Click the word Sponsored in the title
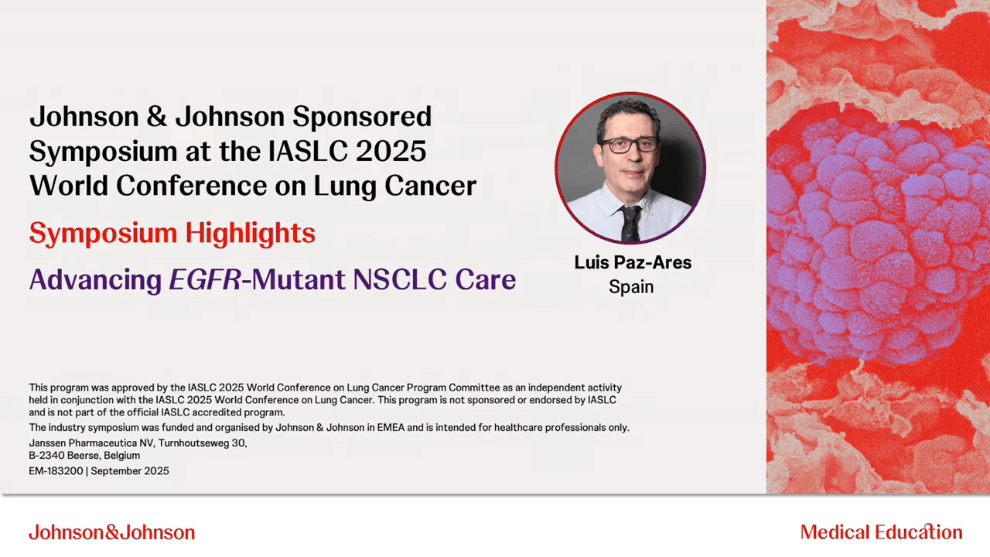pos(362,118)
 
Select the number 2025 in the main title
pos(391,151)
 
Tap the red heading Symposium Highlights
pos(172,234)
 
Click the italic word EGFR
pos(205,279)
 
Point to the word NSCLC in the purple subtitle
pos(400,279)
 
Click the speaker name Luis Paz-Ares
pos(633,262)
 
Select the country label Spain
pos(631,287)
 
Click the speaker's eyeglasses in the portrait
pos(630,145)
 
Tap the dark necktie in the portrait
pos(630,223)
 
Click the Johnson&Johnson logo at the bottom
pos(112,531)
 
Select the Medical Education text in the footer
pos(881,531)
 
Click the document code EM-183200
pos(56,471)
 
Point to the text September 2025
pos(130,471)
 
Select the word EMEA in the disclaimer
pos(391,428)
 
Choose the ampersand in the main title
pos(157,118)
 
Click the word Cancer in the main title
pos(431,186)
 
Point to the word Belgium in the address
pos(121,456)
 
